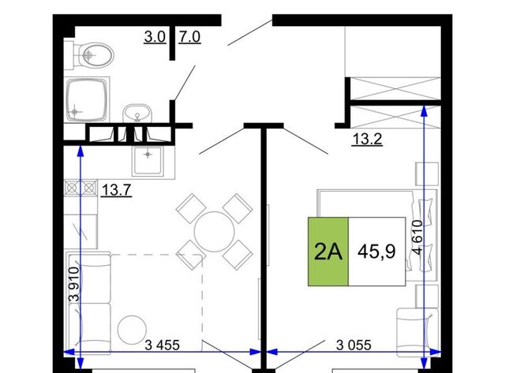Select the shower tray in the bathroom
[x=87, y=100]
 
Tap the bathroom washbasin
[x=137, y=113]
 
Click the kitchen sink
[x=148, y=160]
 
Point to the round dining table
[x=214, y=231]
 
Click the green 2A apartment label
[x=328, y=252]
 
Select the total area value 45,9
[x=376, y=252]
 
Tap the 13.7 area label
[x=117, y=190]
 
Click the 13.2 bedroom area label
[x=367, y=140]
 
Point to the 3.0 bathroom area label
[x=155, y=37]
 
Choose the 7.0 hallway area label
[x=189, y=37]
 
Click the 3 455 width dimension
[x=163, y=345]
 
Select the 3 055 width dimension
[x=353, y=345]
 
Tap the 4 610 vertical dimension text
[x=417, y=237]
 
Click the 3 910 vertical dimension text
[x=74, y=284]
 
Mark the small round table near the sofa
[x=132, y=330]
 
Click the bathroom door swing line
[x=185, y=82]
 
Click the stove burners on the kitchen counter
[x=80, y=188]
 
